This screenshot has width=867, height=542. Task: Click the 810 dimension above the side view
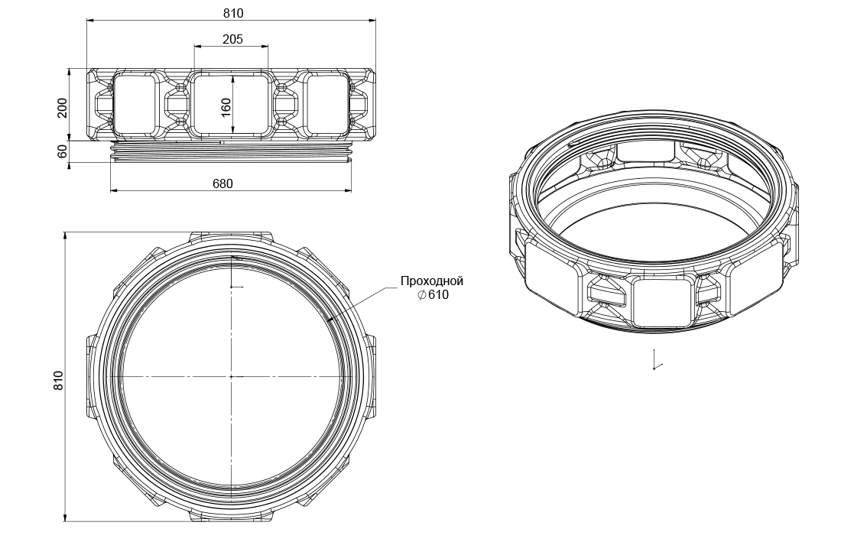pyautogui.click(x=232, y=13)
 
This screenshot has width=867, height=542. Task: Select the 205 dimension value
pyautogui.click(x=232, y=39)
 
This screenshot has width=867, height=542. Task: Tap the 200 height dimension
pyautogui.click(x=63, y=108)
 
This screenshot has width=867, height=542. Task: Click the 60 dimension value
pyautogui.click(x=63, y=151)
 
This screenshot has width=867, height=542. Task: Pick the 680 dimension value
pyautogui.click(x=222, y=183)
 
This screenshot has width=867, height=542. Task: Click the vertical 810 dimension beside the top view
pyautogui.click(x=59, y=380)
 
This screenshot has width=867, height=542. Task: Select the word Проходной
pyautogui.click(x=432, y=281)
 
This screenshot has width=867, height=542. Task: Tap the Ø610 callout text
pyautogui.click(x=433, y=295)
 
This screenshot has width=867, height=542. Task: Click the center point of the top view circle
pyautogui.click(x=231, y=377)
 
